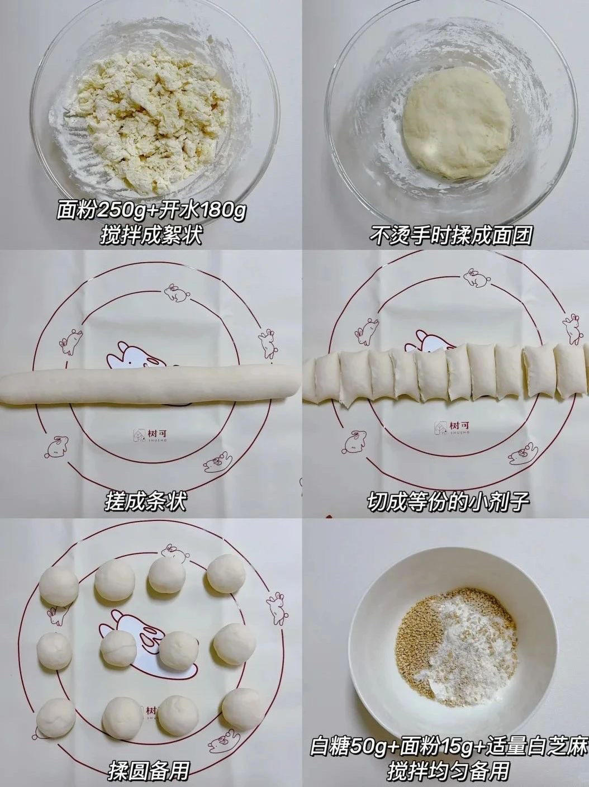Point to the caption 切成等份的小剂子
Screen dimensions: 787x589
click(448, 501)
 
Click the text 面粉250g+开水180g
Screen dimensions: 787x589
click(151, 212)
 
